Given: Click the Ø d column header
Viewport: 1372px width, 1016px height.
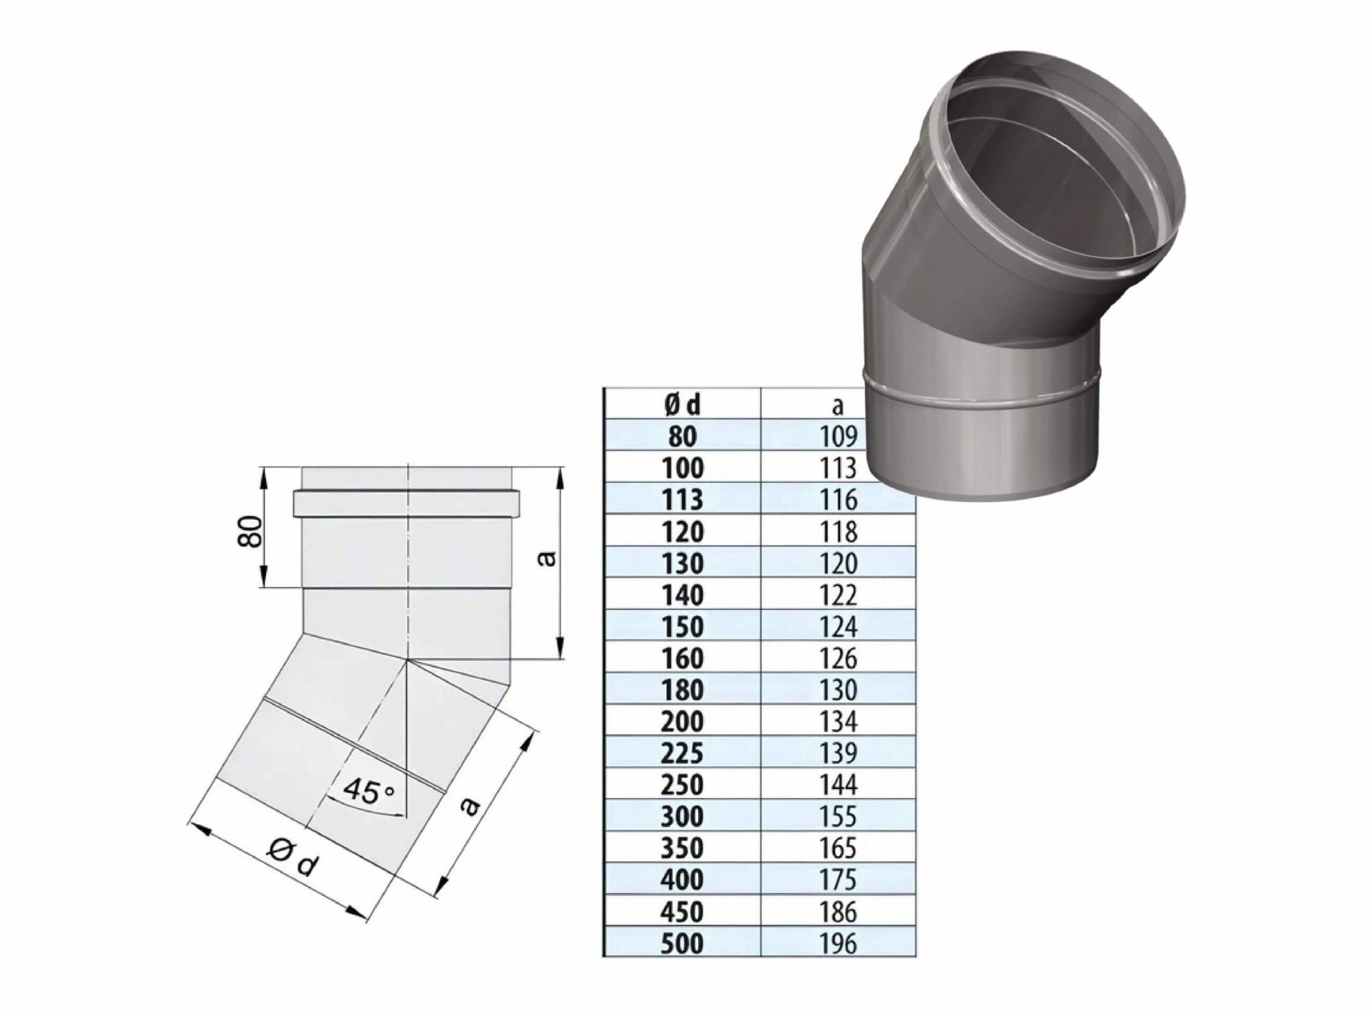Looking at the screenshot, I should point(682,405).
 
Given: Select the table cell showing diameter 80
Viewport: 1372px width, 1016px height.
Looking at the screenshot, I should point(682,436).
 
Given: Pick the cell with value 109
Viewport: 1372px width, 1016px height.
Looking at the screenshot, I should point(838,436).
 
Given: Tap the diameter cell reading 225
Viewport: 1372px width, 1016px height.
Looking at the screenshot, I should point(682,753).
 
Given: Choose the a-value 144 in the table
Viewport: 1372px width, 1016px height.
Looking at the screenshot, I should point(838,785).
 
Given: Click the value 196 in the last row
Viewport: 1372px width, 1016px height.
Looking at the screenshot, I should point(838,943).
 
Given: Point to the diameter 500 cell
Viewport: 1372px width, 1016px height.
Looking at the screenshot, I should point(682,943).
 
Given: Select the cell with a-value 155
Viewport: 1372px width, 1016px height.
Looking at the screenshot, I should point(838,816).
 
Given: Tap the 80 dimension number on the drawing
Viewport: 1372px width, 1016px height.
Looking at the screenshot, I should point(251,531).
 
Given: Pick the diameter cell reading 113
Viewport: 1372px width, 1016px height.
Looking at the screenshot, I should point(682,500).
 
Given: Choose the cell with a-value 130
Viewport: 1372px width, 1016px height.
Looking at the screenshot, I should point(838,690).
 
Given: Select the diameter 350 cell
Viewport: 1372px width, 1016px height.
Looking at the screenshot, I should point(682,848).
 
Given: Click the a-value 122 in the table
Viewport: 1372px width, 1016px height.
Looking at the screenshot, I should point(838,595).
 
